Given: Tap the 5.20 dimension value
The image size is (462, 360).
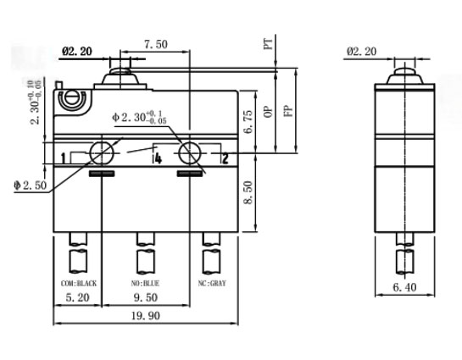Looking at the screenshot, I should pyautogui.click(x=78, y=298).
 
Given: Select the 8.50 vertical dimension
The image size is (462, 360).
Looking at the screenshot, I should pyautogui.click(x=247, y=193).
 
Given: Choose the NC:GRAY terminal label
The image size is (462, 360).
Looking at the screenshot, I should pyautogui.click(x=212, y=282).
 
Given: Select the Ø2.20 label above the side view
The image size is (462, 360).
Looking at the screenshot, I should pyautogui.click(x=363, y=52).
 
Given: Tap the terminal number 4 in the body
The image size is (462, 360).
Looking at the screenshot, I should pyautogui.click(x=157, y=158).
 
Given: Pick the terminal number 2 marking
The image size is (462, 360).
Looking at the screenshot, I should pyautogui.click(x=225, y=158).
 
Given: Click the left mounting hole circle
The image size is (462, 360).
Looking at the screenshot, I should pyautogui.click(x=101, y=153).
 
